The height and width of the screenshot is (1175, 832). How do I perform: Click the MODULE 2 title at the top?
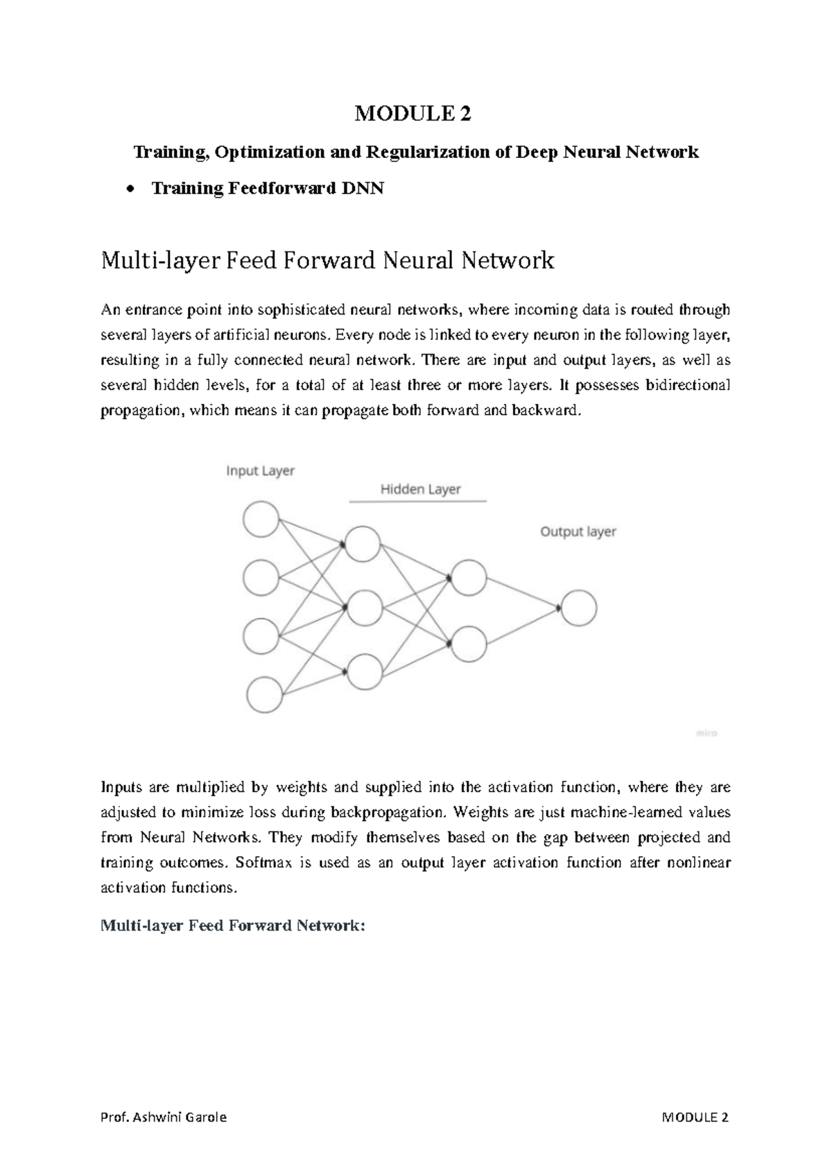point(413,114)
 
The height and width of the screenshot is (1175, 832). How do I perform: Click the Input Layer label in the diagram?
point(261,471)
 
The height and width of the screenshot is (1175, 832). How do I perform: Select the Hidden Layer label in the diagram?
point(420,489)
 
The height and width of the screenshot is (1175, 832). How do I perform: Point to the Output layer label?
point(578,531)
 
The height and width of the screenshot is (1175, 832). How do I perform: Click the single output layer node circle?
point(579,608)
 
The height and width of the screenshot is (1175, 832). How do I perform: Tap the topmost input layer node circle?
point(261,519)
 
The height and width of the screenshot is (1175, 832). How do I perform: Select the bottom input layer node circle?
point(264,695)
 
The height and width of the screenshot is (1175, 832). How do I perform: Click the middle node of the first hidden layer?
point(365,608)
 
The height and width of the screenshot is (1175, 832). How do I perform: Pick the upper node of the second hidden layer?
point(468,577)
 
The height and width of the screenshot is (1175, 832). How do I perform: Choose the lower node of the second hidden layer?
point(468,644)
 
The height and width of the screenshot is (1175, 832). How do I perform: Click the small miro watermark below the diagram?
point(707,732)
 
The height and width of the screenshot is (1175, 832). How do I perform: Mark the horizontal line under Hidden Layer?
point(417,501)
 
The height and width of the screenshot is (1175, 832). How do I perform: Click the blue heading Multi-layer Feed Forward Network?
point(232,926)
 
